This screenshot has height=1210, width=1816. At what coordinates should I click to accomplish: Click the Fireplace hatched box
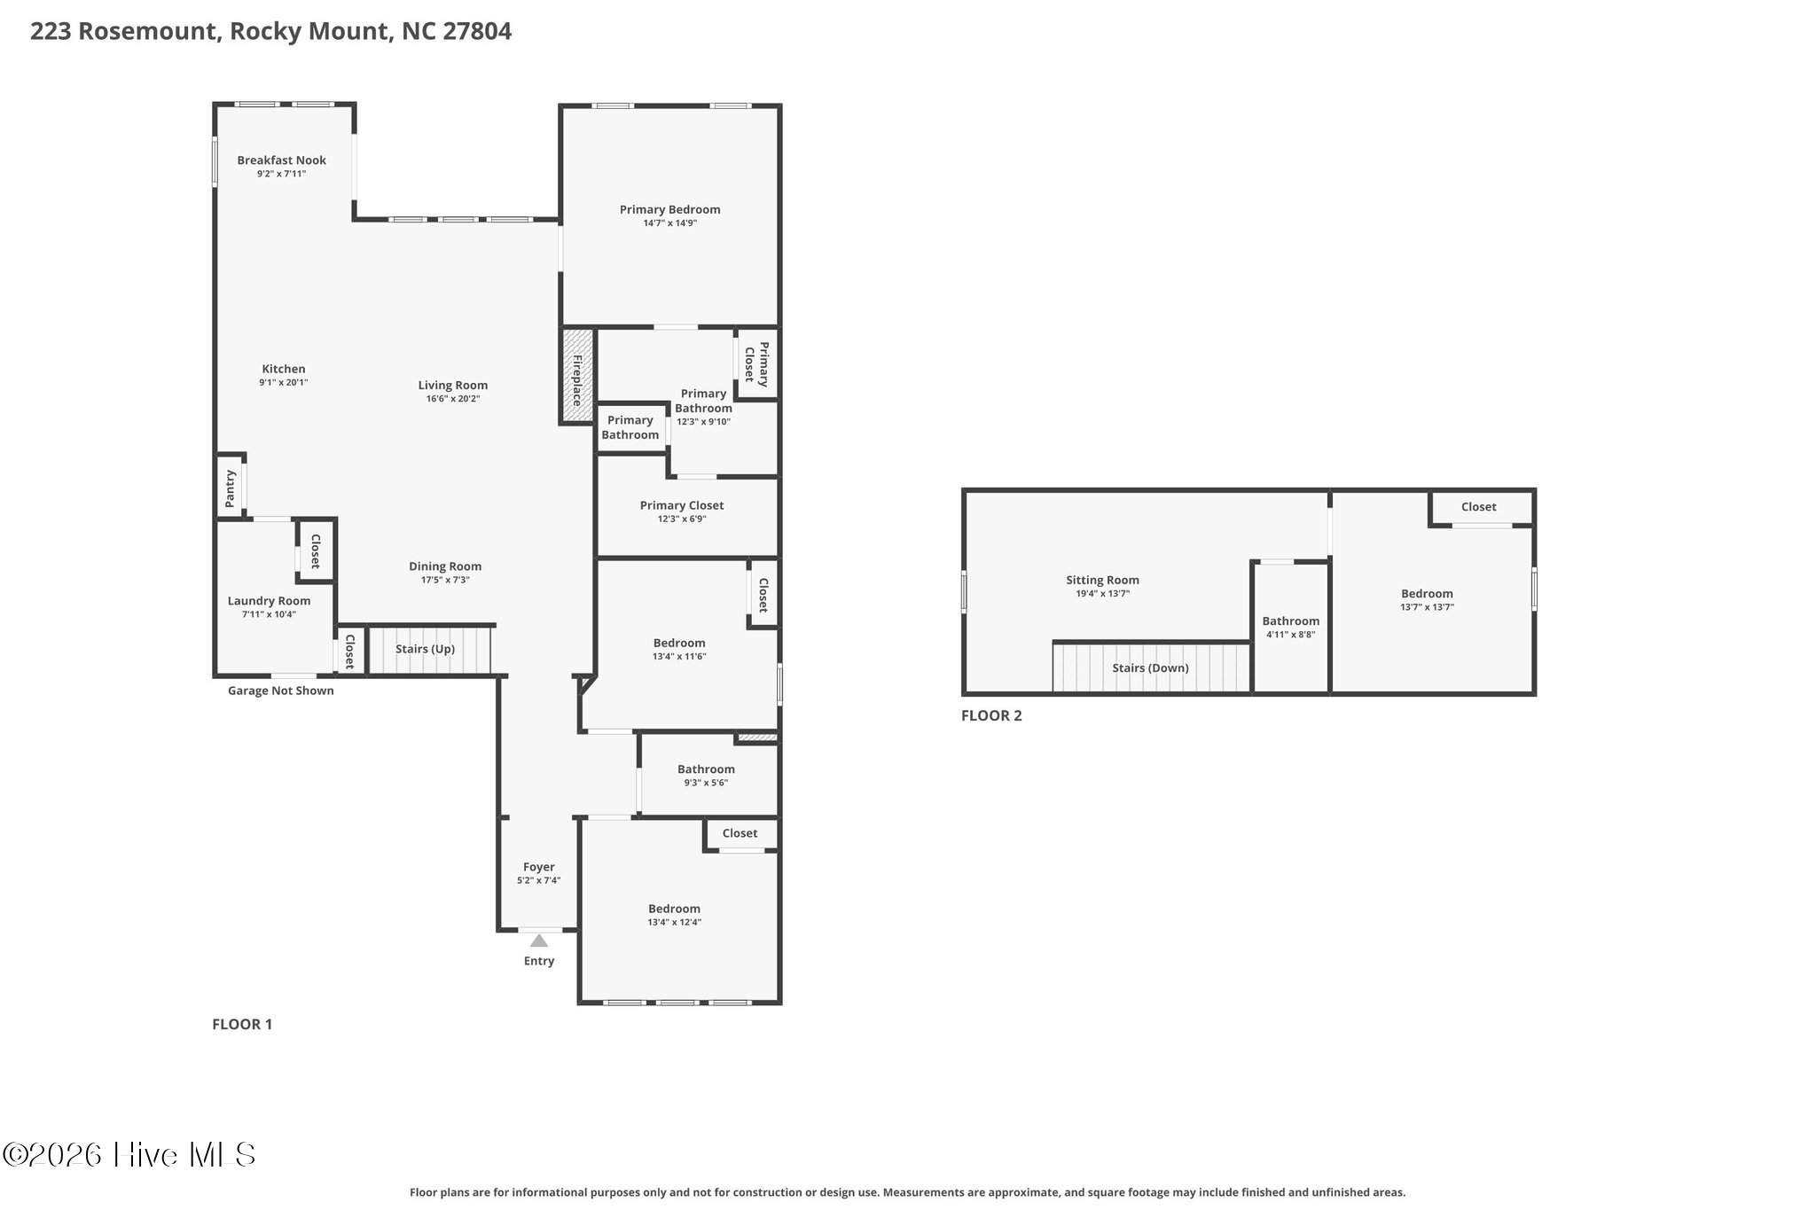pyautogui.click(x=577, y=376)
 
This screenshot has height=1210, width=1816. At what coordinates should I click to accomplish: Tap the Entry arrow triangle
pyautogui.click(x=538, y=941)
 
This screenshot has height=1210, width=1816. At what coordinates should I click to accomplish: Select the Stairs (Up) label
pyautogui.click(x=425, y=649)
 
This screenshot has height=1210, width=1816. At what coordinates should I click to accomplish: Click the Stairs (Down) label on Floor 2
pyautogui.click(x=1150, y=668)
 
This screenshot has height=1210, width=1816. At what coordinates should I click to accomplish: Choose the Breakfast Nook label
pyautogui.click(x=281, y=160)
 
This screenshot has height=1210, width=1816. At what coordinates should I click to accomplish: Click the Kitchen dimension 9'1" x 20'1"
pyautogui.click(x=284, y=383)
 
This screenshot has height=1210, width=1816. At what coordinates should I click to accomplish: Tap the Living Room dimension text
pyautogui.click(x=453, y=399)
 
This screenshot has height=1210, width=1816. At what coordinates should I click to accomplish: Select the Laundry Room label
pyautogui.click(x=269, y=601)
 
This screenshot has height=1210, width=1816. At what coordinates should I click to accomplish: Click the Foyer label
pyautogui.click(x=538, y=867)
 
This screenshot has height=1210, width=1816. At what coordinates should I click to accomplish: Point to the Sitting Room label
pyautogui.click(x=1102, y=581)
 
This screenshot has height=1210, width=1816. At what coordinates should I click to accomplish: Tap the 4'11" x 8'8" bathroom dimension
pyautogui.click(x=1290, y=635)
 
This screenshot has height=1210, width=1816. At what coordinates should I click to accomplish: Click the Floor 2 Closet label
pyautogui.click(x=1478, y=507)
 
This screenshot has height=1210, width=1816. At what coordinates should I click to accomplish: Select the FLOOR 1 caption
pyautogui.click(x=242, y=1025)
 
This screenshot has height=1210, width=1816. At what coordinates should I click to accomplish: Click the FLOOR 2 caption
pyautogui.click(x=991, y=716)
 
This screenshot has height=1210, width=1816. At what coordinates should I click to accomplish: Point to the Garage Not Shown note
pyautogui.click(x=281, y=691)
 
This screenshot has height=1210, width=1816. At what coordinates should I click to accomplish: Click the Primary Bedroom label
pyautogui.click(x=669, y=210)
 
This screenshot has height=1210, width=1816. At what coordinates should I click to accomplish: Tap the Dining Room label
pyautogui.click(x=445, y=566)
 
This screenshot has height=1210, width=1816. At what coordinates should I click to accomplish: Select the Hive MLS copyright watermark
pyautogui.click(x=129, y=1155)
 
